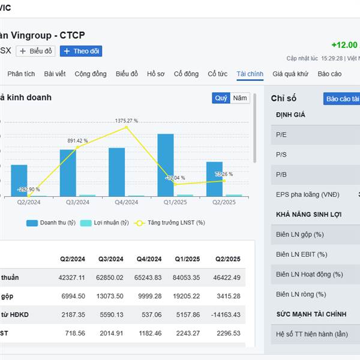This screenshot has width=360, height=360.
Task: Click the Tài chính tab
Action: coord(250,74)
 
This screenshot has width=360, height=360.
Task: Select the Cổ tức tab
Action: coord(217,74)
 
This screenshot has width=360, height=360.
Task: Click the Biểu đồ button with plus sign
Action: coord(36,51)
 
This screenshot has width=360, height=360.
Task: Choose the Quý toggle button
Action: coord(221,98)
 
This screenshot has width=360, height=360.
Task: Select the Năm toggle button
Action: coord(240,98)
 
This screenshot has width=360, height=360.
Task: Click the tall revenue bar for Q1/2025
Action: coord(166,165)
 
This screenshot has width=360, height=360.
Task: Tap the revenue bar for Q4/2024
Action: coord(116,172)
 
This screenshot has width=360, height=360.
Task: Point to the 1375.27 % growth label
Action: coord(127,121)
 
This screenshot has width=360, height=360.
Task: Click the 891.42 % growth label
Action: coord(77,141)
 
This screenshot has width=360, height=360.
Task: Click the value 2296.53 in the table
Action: coord(227,333)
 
